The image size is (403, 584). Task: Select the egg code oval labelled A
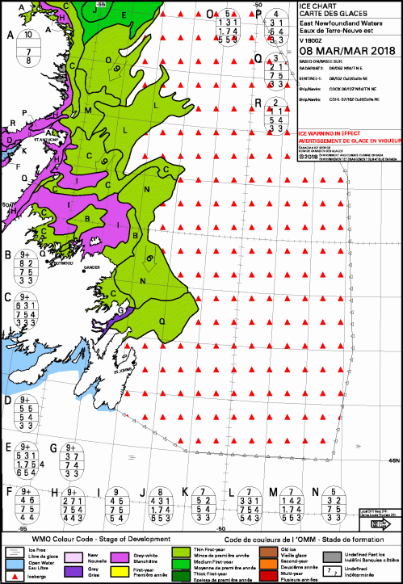tap(29, 48)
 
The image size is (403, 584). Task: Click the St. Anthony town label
tap(44, 140)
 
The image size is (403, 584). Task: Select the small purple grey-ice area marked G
tap(122, 310)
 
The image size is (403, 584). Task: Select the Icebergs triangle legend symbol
tap(11, 577)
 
